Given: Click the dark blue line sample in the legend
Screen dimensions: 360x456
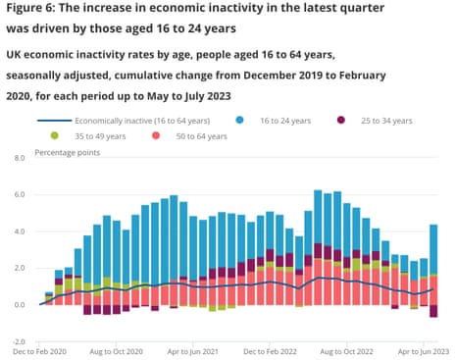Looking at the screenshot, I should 54,119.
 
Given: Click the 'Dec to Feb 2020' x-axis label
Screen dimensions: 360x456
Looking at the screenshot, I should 39,349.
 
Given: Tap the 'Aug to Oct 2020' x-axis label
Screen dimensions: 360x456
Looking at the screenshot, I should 117,349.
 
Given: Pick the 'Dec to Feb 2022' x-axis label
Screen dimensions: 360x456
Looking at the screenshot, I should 269,349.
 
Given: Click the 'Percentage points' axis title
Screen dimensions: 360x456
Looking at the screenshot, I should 69,152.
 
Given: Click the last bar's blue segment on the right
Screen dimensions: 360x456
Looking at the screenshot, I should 433,250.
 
